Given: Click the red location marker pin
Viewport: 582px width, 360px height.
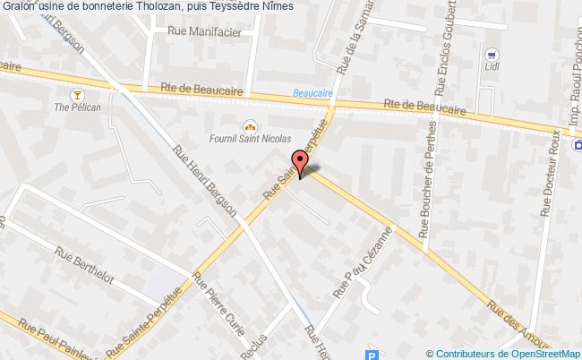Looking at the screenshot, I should click(300, 162).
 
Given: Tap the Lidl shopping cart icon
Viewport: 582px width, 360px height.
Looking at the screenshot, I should click(491, 52).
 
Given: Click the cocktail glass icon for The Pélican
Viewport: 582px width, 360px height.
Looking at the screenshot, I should click(77, 93).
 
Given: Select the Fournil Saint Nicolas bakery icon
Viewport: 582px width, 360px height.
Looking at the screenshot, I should click(251, 125).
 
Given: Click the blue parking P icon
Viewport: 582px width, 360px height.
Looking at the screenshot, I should click(372, 355).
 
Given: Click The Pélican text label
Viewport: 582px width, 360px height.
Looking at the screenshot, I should click(77, 108).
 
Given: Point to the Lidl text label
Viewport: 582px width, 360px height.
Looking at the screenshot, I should click(491, 66).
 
